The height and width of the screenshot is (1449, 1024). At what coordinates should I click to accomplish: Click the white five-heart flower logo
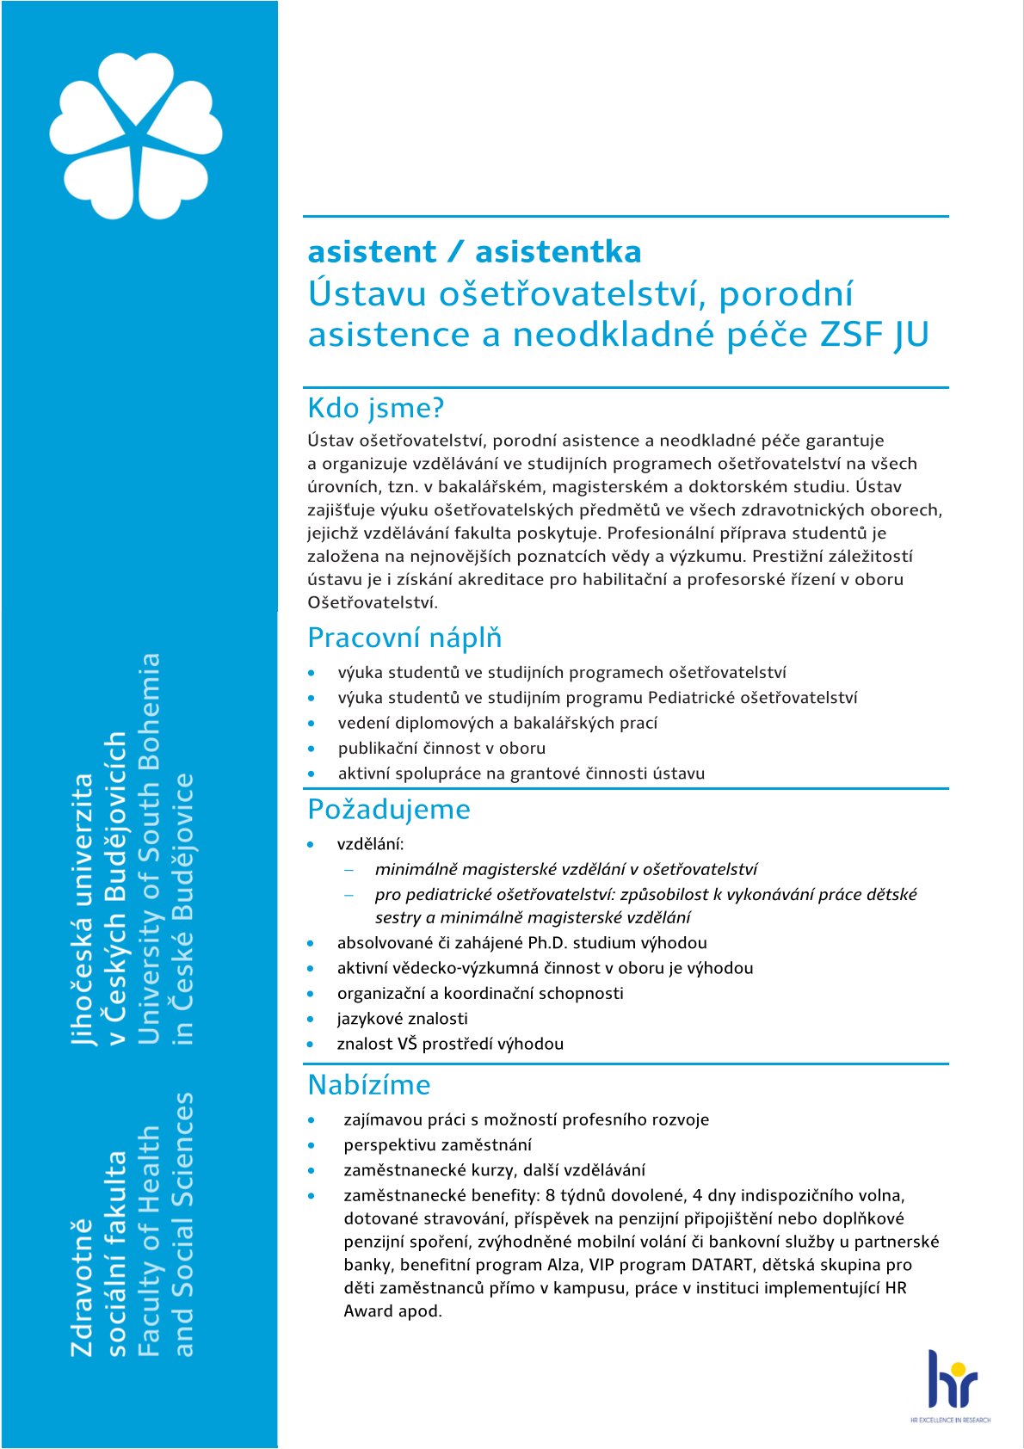tap(136, 135)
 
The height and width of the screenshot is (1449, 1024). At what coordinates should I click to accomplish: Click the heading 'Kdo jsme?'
tap(375, 408)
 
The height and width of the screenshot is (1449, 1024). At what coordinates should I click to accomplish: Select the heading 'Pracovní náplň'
tap(404, 638)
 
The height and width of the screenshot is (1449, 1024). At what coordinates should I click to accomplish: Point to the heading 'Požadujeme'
tap(389, 809)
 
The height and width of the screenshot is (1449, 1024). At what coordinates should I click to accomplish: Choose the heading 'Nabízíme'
tap(369, 1084)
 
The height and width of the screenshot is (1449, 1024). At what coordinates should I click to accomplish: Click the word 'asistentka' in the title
tap(558, 251)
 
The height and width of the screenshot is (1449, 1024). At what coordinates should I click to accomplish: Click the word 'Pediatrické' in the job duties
tap(691, 698)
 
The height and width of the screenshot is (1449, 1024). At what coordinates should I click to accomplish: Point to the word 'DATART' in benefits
tap(722, 1265)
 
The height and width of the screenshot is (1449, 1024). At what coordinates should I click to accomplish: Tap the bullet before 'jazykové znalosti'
tap(312, 1020)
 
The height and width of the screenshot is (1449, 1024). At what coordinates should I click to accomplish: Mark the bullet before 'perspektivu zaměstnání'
tap(312, 1145)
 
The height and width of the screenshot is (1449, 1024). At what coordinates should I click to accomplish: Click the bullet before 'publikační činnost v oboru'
tap(312, 749)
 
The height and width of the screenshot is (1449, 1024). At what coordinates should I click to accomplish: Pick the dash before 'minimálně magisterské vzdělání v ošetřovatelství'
tap(349, 870)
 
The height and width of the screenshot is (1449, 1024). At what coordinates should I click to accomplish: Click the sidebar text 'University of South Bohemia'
tap(150, 848)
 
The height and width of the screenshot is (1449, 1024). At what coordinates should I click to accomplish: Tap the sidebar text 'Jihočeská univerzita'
tap(83, 909)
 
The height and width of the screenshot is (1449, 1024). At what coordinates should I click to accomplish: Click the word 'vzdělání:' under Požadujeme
tap(370, 844)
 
